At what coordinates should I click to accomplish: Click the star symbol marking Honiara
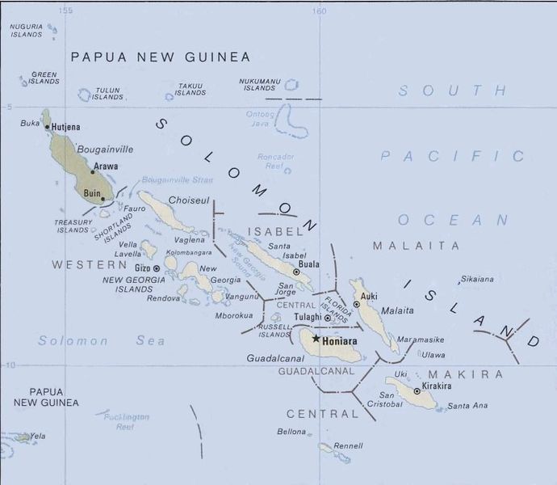click(x=316, y=339)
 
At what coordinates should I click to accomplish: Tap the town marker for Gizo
click(x=156, y=268)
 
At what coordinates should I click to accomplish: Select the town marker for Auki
click(x=356, y=304)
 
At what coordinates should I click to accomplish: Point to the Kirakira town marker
click(x=417, y=390)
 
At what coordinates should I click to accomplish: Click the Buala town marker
click(x=296, y=272)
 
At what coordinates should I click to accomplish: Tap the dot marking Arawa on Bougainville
click(x=92, y=172)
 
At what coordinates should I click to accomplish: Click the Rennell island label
click(x=348, y=445)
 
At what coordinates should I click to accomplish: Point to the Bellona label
click(x=291, y=432)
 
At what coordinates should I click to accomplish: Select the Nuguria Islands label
click(x=26, y=31)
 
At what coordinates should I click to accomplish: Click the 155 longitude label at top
click(x=66, y=11)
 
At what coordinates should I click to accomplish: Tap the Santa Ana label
click(x=467, y=405)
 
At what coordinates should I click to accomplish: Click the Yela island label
click(x=37, y=436)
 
